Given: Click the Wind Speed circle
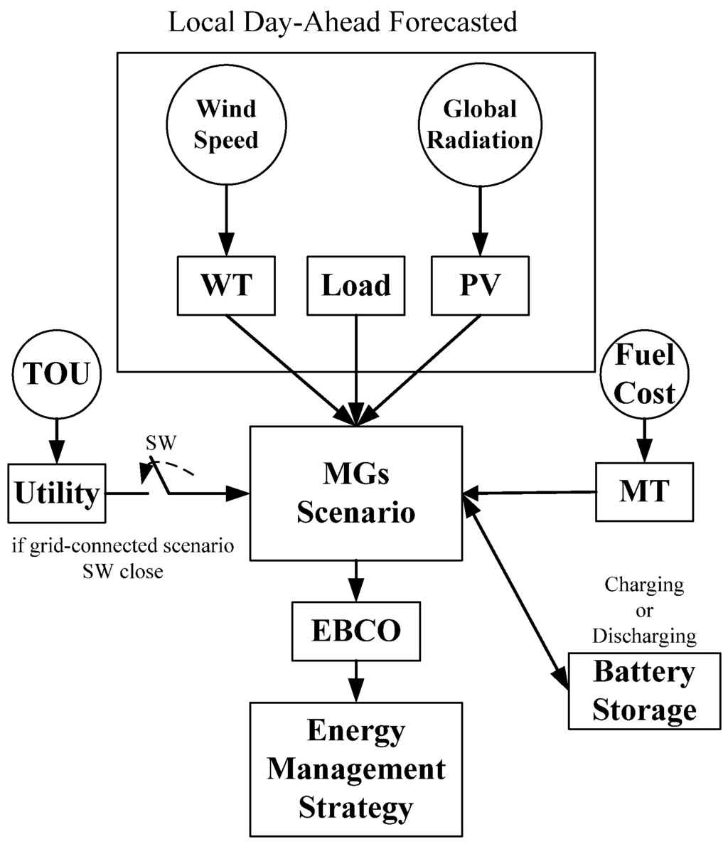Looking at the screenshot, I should point(225,124).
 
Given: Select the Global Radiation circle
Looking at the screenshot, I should point(478,124).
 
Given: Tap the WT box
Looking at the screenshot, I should point(226,285).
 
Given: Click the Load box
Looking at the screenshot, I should point(355,285).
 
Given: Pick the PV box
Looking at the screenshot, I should point(480,285).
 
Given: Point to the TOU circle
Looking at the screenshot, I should point(55,373).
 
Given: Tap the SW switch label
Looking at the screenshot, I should point(161,443).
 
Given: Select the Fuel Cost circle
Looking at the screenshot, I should point(644,373).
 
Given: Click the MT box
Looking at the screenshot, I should point(644,491).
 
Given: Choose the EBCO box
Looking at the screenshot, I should point(355,630).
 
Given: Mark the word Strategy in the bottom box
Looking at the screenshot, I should point(355,808).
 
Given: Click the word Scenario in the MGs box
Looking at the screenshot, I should point(355,512).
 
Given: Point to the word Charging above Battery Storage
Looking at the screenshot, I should point(644,585).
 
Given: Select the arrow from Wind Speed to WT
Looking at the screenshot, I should point(226,220).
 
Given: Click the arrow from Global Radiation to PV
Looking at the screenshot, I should point(480,220).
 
